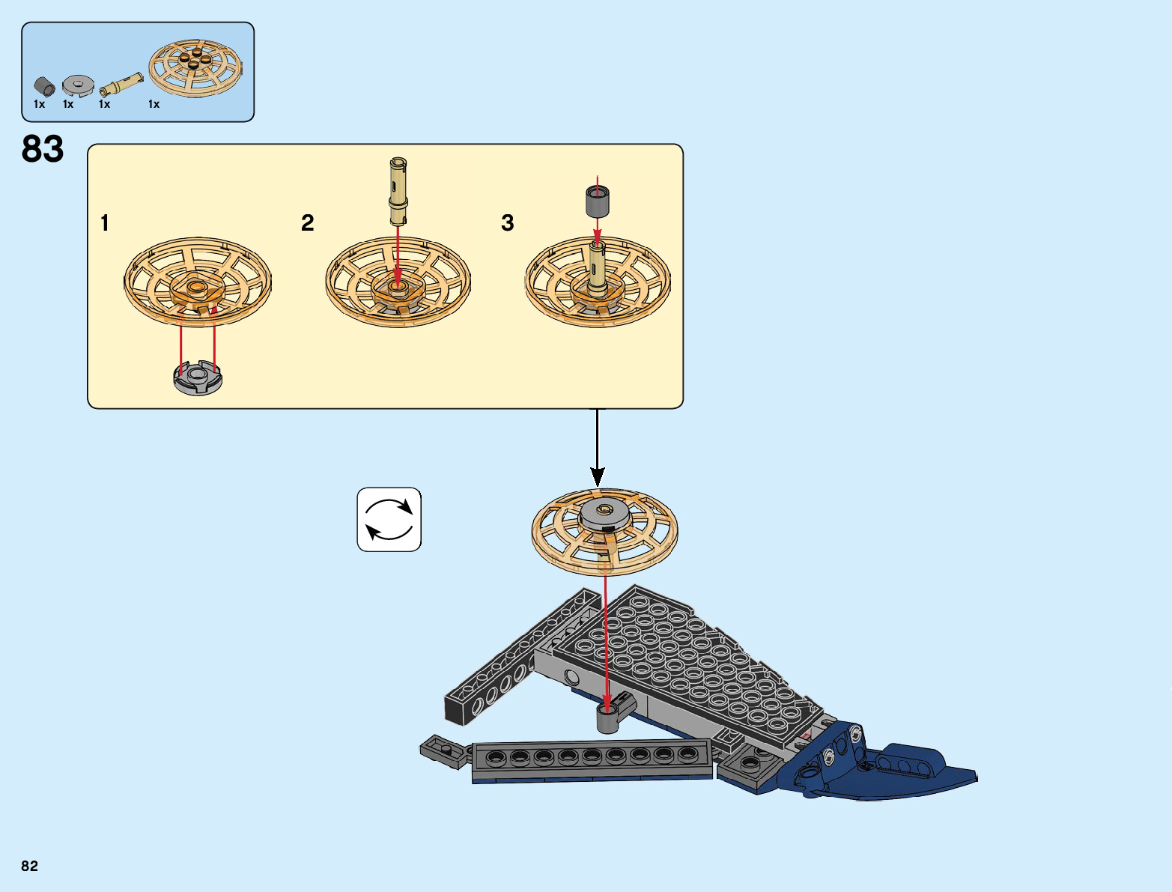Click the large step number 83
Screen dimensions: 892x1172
click(x=43, y=149)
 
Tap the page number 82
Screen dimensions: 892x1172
click(x=29, y=866)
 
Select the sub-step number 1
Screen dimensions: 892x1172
click(x=105, y=222)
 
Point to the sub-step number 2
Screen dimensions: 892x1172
click(x=307, y=222)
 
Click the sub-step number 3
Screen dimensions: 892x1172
click(x=507, y=222)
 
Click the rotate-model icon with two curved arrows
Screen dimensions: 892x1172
click(x=389, y=520)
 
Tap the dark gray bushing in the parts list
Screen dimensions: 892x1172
click(x=44, y=86)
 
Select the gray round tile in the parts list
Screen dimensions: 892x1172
click(x=76, y=85)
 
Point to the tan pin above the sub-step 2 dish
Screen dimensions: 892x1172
click(x=398, y=191)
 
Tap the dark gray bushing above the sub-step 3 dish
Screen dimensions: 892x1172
click(x=597, y=201)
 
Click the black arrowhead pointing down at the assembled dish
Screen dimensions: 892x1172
click(x=597, y=476)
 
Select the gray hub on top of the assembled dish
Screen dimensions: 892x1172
click(x=605, y=514)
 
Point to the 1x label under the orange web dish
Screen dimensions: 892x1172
click(x=154, y=104)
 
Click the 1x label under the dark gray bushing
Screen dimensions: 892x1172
click(x=39, y=104)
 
